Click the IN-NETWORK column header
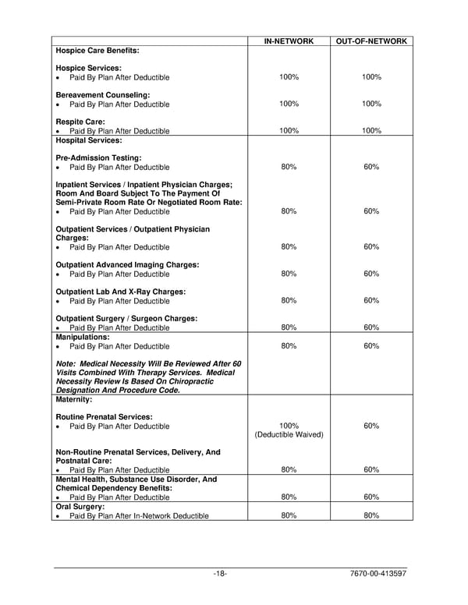click(x=289, y=41)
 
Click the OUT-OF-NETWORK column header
click(x=371, y=41)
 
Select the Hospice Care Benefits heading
click(x=97, y=51)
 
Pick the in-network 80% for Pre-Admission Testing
click(x=289, y=168)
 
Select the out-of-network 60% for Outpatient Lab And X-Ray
click(x=371, y=300)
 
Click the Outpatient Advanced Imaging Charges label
click(x=127, y=264)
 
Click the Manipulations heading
click(x=83, y=337)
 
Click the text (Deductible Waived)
click(x=289, y=435)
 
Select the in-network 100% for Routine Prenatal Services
click(x=289, y=426)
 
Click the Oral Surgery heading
click(x=80, y=506)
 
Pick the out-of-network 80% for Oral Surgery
click(x=371, y=515)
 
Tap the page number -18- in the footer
click(x=220, y=575)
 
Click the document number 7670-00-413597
click(x=379, y=575)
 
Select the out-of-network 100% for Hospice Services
click(x=371, y=77)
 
